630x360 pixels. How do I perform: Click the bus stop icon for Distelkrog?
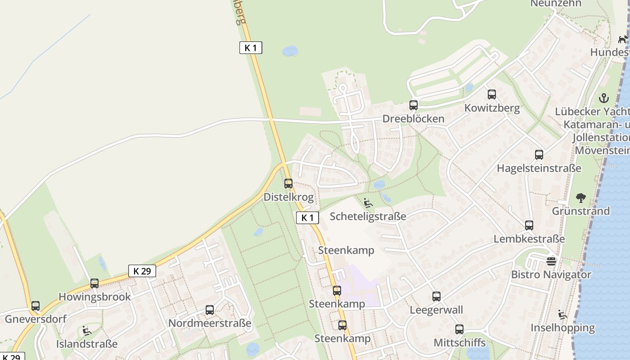click(x=288, y=184)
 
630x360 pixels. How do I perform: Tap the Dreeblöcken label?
click(x=413, y=119)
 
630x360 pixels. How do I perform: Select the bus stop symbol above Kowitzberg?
click(x=492, y=94)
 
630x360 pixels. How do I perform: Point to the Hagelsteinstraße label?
click(x=539, y=168)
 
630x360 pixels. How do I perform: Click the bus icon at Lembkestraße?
click(x=529, y=225)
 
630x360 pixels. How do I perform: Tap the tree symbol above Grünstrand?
click(x=581, y=198)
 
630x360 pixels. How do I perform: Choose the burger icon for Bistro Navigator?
click(x=551, y=261)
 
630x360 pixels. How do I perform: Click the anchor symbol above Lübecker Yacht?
click(x=604, y=98)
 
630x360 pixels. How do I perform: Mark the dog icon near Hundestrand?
click(x=623, y=39)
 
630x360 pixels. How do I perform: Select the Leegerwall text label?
click(x=436, y=310)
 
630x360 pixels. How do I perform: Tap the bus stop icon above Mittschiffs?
click(x=459, y=329)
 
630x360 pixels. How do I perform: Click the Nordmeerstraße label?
click(x=210, y=323)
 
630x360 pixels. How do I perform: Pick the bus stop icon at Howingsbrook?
click(x=94, y=283)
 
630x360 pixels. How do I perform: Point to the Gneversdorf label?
click(x=36, y=319)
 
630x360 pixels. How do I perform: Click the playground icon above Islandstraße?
click(x=86, y=331)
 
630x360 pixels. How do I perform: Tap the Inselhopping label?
click(x=562, y=328)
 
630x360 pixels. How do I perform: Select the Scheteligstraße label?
click(x=368, y=216)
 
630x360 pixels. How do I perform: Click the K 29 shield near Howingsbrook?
click(x=142, y=271)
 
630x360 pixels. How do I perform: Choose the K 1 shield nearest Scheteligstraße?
click(x=308, y=218)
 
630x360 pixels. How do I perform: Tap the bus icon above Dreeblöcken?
click(x=414, y=105)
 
